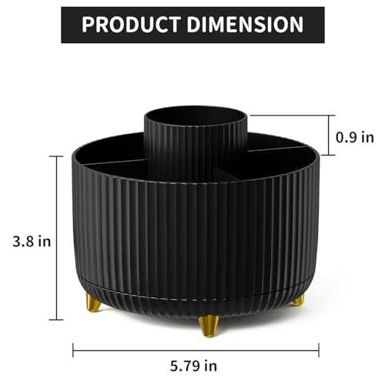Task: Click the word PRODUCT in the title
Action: (131, 25)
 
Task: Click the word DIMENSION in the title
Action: (245, 25)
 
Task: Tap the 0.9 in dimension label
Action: (355, 138)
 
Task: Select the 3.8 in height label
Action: (32, 242)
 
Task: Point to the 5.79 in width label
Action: (193, 366)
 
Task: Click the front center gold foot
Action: (209, 326)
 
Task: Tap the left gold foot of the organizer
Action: (93, 303)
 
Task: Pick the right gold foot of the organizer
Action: (299, 300)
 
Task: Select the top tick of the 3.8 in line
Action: (56, 156)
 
